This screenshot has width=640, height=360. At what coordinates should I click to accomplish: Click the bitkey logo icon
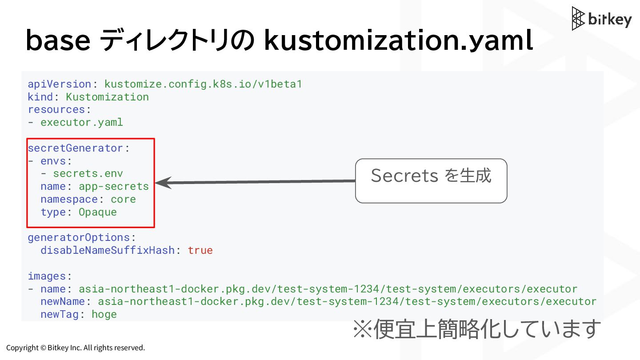[x=578, y=18]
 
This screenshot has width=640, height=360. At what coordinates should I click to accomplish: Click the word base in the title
[x=58, y=40]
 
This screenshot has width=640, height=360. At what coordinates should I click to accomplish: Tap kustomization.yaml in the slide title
[x=398, y=40]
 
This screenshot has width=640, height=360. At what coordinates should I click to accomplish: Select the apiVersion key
[x=60, y=84]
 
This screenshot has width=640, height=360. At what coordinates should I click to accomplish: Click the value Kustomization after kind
[x=107, y=97]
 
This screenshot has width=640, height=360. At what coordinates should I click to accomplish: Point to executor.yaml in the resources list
[x=82, y=122]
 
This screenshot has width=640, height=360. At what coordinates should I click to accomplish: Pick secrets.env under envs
[x=88, y=173]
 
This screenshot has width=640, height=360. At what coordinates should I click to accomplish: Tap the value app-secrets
[x=114, y=186]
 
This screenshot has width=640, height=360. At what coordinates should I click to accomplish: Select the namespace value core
[x=123, y=199]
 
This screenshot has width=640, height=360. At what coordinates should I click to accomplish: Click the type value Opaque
[x=98, y=212]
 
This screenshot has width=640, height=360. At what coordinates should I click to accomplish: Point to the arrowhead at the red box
[x=161, y=182]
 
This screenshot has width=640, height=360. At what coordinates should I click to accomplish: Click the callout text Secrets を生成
[x=431, y=176]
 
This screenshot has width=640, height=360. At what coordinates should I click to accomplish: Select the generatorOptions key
[x=79, y=237]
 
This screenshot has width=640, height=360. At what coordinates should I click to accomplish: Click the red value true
[x=200, y=250]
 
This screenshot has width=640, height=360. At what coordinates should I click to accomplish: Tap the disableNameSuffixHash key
[x=107, y=250]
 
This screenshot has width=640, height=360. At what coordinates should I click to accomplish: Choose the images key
[x=47, y=276]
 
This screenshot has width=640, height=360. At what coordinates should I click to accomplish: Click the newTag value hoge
[x=104, y=314]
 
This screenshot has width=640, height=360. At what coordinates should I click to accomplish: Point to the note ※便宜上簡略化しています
[x=476, y=329]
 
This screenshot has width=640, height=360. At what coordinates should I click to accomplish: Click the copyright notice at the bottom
[x=76, y=348]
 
